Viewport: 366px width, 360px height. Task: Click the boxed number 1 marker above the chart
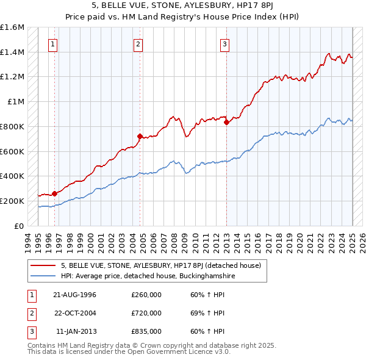point(54,44)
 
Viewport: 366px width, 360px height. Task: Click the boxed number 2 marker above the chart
point(138,44)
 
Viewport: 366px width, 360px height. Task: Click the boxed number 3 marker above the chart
point(224,44)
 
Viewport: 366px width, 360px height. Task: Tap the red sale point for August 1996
point(54,193)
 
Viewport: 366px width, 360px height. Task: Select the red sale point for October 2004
point(140,136)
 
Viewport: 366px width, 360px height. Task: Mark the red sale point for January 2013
point(226,122)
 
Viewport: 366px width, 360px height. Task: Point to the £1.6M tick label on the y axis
point(12,27)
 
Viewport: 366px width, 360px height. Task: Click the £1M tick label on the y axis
point(15,102)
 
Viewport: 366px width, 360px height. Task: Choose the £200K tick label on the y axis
point(12,201)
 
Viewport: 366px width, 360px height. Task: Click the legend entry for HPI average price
point(148,276)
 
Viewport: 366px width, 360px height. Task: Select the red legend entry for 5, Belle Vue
point(161,265)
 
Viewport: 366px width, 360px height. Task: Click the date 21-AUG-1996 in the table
point(75,295)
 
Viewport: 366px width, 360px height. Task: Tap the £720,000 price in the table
point(146,313)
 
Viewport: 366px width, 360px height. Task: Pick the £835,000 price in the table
point(146,331)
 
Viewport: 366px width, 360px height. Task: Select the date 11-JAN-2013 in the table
point(76,331)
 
